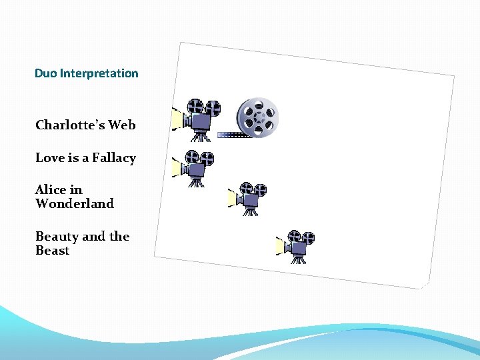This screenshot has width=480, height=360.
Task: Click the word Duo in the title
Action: tap(46, 73)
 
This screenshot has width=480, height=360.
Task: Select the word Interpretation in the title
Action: tap(99, 73)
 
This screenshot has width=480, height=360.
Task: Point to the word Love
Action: tap(49, 158)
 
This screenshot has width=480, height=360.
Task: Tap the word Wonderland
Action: tap(75, 203)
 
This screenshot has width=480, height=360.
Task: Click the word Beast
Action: tap(52, 251)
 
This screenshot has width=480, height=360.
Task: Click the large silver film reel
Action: tap(258, 117)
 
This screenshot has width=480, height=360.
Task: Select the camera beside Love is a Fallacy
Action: tap(194, 167)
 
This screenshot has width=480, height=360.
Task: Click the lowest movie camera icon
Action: tap(297, 245)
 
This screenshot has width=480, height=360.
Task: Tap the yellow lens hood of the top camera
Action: tap(178, 119)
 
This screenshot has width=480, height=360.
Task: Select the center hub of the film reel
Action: tap(258, 117)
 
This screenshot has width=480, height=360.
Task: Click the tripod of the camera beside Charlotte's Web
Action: tap(201, 136)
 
